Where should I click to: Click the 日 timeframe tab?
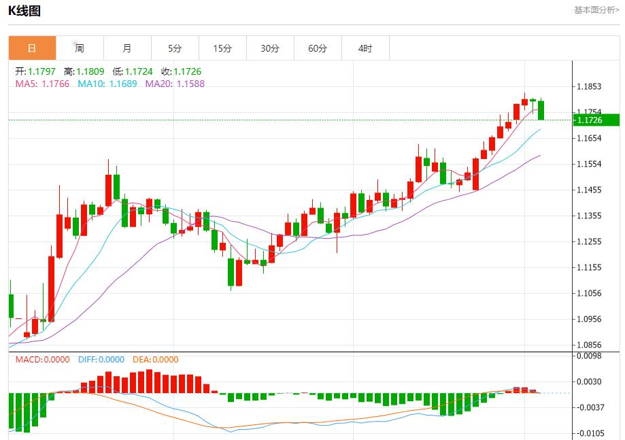tap(32, 48)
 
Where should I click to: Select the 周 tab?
tap(80, 48)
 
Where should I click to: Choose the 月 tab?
tap(127, 48)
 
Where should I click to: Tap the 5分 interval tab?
tap(175, 48)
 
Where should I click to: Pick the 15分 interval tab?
tap(222, 48)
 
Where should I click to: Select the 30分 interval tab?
tap(270, 48)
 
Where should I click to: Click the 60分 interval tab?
tap(318, 48)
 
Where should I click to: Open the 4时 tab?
tap(365, 48)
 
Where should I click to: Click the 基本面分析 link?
tap(596, 10)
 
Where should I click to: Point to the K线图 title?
tap(24, 11)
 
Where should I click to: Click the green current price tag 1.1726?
tap(596, 120)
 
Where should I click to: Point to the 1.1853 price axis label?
tap(588, 86)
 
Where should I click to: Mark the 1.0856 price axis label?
tap(588, 345)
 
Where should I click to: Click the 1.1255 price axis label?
tap(588, 241)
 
